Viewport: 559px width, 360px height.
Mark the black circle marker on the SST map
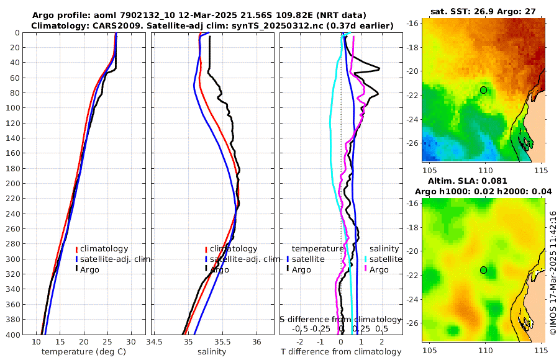[483, 90]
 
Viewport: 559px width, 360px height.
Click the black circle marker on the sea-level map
[483, 270]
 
